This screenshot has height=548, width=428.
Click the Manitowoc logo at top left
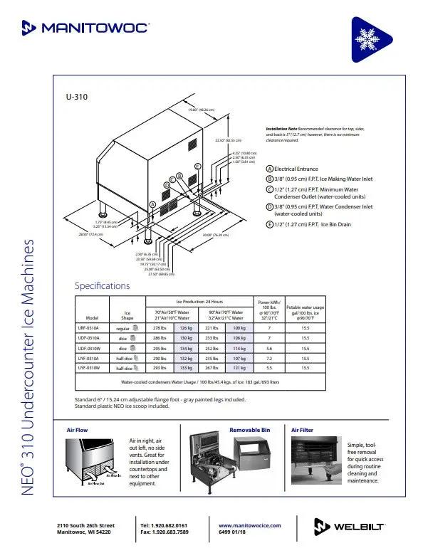coord(85,28)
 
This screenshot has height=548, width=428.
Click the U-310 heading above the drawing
coord(76,98)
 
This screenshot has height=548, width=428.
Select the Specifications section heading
coord(103,286)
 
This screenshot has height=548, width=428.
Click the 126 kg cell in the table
coord(185,327)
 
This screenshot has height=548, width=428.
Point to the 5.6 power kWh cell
coord(268,349)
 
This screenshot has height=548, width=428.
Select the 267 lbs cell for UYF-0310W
coord(212,369)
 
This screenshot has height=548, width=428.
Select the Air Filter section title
coord(302,431)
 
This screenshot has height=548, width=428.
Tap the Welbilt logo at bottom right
coord(350,525)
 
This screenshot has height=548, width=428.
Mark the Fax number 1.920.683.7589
coord(165,532)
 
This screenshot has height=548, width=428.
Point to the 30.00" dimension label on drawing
coord(214,235)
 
